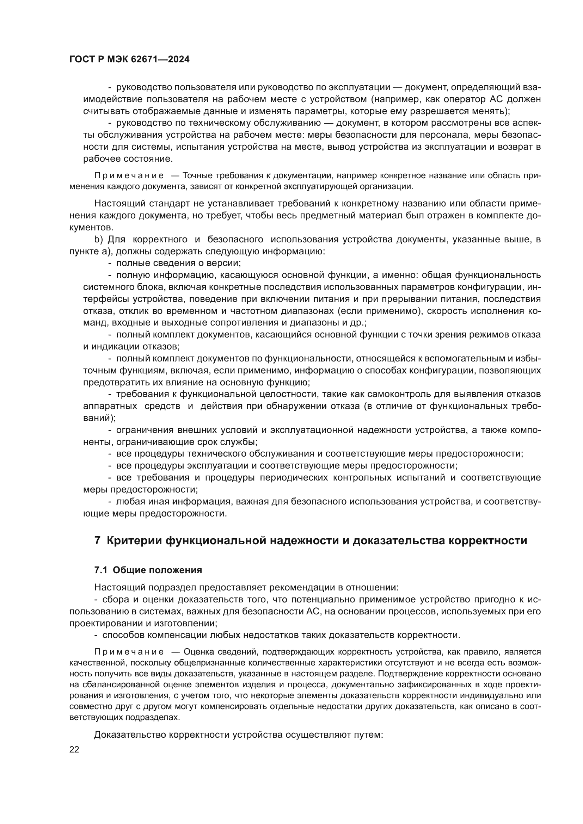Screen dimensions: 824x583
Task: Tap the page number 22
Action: coord(74,749)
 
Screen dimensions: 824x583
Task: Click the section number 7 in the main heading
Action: coord(97,540)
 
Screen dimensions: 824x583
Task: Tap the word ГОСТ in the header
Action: coord(81,60)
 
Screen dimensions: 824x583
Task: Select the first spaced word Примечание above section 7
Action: coord(129,175)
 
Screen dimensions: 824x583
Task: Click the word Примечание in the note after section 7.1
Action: coord(129,652)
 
